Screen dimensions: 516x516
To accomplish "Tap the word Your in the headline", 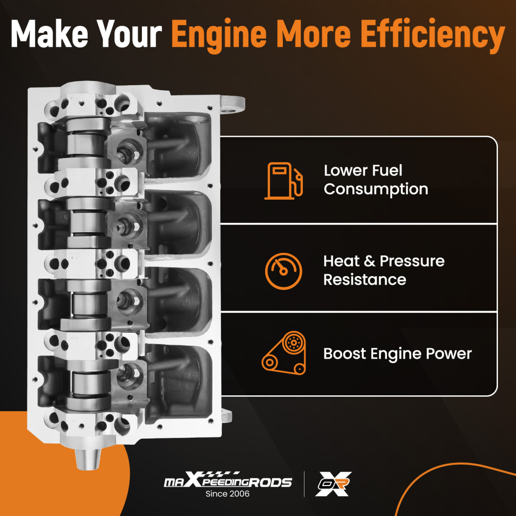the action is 130,34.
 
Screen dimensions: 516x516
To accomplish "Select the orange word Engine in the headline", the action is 219,36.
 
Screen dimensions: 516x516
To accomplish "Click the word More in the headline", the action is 314,34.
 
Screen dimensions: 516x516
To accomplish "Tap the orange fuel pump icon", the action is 284,181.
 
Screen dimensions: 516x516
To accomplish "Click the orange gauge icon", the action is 284,271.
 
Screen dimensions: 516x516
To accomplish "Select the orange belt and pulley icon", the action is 284,353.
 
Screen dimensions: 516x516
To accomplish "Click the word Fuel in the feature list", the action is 388,170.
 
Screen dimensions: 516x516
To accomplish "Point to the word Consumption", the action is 376,189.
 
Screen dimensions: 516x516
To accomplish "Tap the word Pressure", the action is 412,261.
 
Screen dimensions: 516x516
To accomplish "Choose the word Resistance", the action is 365,280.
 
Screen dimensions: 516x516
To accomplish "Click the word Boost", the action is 345,354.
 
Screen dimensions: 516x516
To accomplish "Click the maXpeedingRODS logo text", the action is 228,480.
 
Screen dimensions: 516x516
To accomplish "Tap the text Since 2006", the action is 228,494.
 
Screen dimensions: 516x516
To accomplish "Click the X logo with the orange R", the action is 333,484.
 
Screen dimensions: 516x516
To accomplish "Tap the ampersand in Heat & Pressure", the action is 369,261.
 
